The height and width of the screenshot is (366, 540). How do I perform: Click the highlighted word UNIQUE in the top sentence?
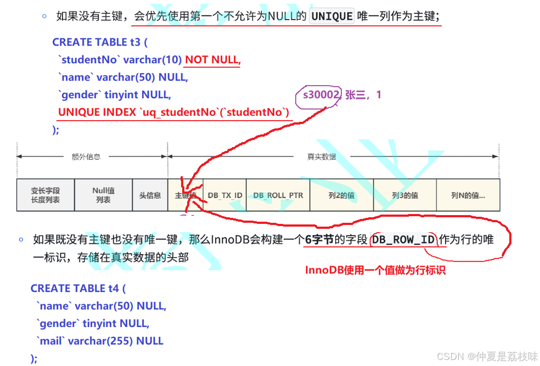tap(332, 16)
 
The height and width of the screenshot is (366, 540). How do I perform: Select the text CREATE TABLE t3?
tap(100, 42)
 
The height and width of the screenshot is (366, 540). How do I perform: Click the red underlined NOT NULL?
tap(212, 60)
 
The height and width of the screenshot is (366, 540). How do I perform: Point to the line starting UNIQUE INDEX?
tap(173, 112)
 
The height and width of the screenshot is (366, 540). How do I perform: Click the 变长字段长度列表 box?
tap(46, 195)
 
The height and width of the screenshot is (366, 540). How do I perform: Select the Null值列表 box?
tap(103, 195)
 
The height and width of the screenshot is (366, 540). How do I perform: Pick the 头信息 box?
tap(150, 195)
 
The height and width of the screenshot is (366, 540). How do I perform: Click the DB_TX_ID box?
tap(225, 195)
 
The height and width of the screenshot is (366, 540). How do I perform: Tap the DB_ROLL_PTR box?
tap(278, 195)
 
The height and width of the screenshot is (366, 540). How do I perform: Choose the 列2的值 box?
tap(342, 195)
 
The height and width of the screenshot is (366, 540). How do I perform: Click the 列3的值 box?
tap(405, 195)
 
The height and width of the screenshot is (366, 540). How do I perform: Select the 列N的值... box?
tap(468, 195)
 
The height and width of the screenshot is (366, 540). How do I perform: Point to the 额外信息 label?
tap(86, 157)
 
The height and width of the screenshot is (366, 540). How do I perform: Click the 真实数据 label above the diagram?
tap(322, 157)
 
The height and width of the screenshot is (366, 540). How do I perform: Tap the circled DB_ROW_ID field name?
tap(403, 240)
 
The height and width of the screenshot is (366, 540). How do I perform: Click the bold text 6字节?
tap(320, 240)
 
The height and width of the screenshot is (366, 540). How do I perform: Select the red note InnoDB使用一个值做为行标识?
tap(375, 270)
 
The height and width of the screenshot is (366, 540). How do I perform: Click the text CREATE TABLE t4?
tap(78, 288)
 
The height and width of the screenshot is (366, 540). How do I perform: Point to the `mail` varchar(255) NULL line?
tap(100, 341)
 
